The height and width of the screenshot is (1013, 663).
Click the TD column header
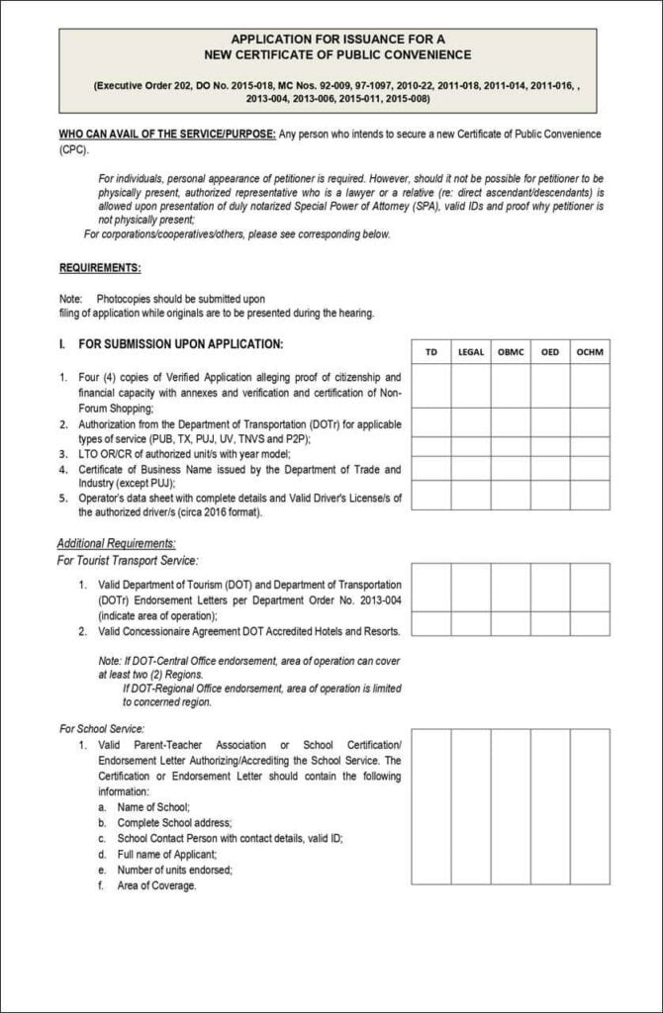point(430,352)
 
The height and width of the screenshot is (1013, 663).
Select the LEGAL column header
point(471,352)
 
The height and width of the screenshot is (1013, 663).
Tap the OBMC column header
point(511,352)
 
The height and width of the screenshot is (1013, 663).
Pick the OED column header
point(549,352)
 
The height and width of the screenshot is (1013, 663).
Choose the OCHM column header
point(590,352)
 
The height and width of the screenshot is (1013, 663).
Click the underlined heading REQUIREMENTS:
point(100,268)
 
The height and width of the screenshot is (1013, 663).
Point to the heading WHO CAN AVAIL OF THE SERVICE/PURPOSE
point(166,134)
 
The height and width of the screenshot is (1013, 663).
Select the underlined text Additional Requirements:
point(116,543)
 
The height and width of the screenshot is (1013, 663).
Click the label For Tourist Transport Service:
point(128,561)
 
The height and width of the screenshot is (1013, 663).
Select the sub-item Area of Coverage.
point(156,885)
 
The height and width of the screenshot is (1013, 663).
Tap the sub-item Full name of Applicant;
point(166,854)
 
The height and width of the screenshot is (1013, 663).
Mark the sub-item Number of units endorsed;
point(174,870)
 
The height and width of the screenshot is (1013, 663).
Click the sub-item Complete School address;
point(174,823)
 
